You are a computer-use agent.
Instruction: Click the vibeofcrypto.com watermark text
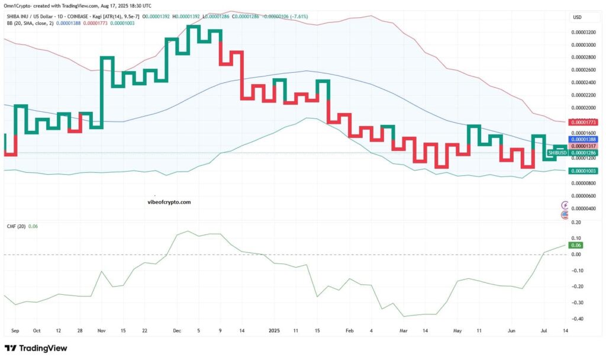[169, 202]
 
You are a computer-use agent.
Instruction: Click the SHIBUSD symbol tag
[557, 153]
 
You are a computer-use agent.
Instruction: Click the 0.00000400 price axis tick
[583, 208]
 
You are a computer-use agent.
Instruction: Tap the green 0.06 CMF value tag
[575, 245]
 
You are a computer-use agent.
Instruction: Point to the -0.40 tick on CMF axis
[575, 319]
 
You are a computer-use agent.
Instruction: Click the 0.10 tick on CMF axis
[575, 239]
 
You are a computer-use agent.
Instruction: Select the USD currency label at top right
[577, 17]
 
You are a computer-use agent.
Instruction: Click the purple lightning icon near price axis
[565, 205]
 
